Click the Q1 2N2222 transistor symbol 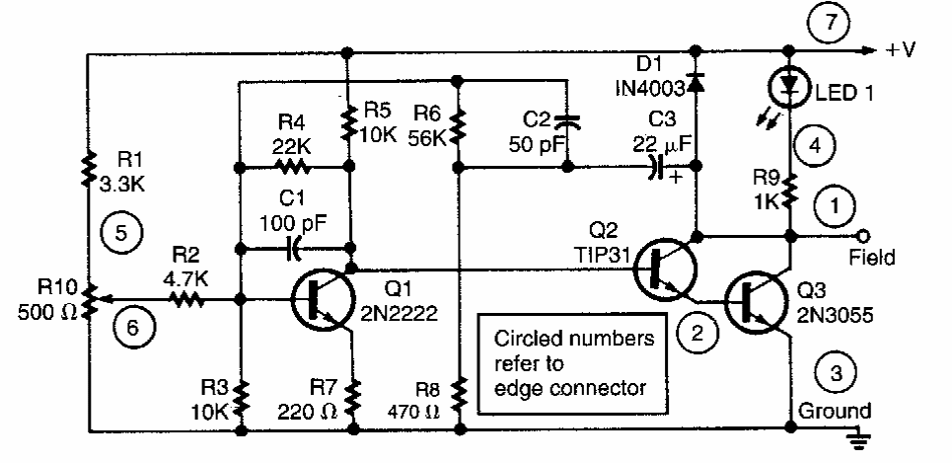[324, 299]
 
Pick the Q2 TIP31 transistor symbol [663, 268]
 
